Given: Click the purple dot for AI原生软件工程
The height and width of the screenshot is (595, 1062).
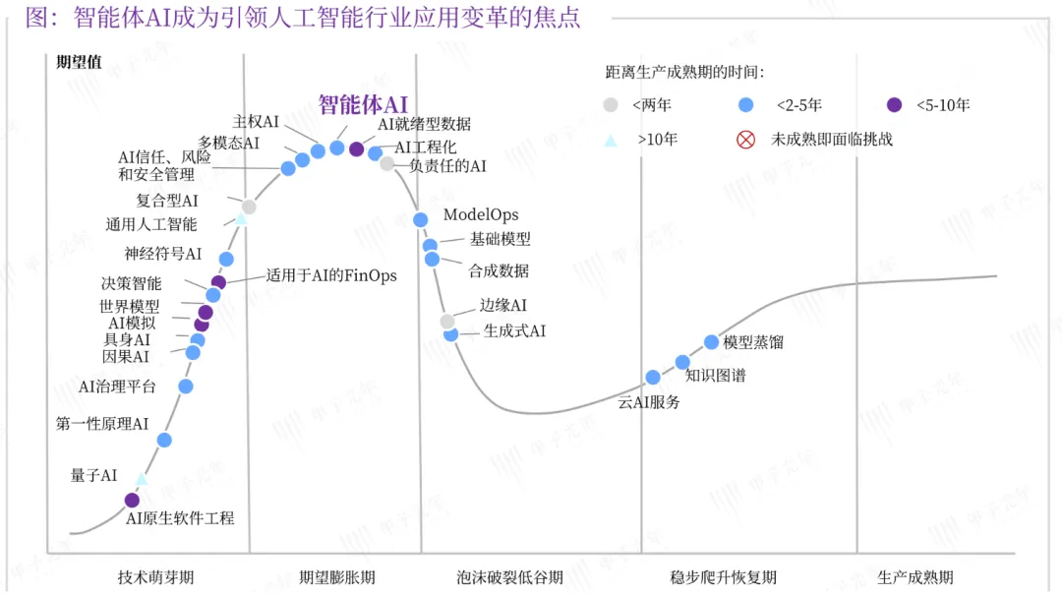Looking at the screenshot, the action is coord(132,501).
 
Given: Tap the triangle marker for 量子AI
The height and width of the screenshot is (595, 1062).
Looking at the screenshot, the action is coord(142,479).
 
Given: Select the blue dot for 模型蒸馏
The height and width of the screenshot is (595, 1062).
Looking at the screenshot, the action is coord(711,342).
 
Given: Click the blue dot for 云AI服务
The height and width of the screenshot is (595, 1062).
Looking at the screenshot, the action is coord(653,377).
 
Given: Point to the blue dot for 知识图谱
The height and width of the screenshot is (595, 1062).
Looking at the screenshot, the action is coord(682,363).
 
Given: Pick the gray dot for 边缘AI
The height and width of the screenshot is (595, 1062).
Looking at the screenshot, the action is coord(447,322).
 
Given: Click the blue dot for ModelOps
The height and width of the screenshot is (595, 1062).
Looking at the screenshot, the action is coord(420,219).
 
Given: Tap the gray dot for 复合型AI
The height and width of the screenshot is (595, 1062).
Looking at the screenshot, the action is coord(249,207).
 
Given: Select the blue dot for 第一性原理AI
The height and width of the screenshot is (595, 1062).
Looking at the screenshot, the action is coord(164,440).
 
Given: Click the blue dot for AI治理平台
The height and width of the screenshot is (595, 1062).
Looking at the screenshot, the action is coord(186,387).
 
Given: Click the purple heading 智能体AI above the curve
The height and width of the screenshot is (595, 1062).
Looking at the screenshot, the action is coord(363,104).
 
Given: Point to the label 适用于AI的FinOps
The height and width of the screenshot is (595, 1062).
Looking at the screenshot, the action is coord(331,275).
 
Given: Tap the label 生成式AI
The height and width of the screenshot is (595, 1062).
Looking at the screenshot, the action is coord(514,330).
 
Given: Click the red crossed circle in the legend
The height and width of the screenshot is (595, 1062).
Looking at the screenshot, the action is coord(745,140).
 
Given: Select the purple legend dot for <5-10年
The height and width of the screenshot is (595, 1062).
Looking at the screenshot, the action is coord(894,105).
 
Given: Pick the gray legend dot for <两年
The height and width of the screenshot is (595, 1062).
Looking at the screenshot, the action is coord(611,105).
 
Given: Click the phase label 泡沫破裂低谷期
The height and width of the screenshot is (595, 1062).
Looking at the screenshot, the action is coord(509,577).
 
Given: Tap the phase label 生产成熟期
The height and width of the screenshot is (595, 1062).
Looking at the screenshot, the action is coord(915,577).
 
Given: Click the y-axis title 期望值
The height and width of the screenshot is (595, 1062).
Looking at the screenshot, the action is coord(79,62).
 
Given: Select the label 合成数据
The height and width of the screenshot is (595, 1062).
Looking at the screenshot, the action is coord(499,271).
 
